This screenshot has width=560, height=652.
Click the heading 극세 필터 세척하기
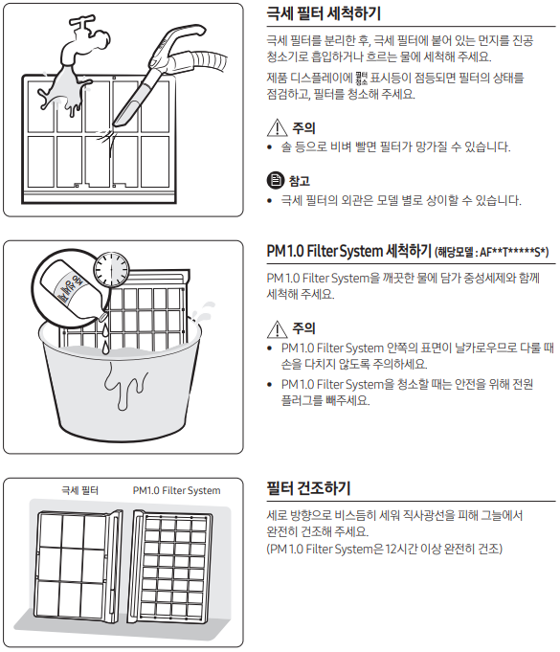point(324,13)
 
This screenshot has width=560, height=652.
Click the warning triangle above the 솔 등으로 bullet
point(277,127)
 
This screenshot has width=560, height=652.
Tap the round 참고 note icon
point(276,180)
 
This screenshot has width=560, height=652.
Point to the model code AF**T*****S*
point(514,252)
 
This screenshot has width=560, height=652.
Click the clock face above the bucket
point(111,269)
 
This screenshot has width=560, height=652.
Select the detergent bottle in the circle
point(72,288)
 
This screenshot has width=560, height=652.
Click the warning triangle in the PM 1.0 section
point(277,329)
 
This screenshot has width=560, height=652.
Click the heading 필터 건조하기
point(309,488)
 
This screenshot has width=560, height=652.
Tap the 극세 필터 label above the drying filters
point(79,490)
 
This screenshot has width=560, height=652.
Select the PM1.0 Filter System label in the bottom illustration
point(177,490)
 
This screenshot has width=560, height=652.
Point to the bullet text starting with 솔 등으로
point(395,146)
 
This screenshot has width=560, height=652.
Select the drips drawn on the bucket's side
point(125,386)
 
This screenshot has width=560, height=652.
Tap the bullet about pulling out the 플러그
point(407,392)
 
